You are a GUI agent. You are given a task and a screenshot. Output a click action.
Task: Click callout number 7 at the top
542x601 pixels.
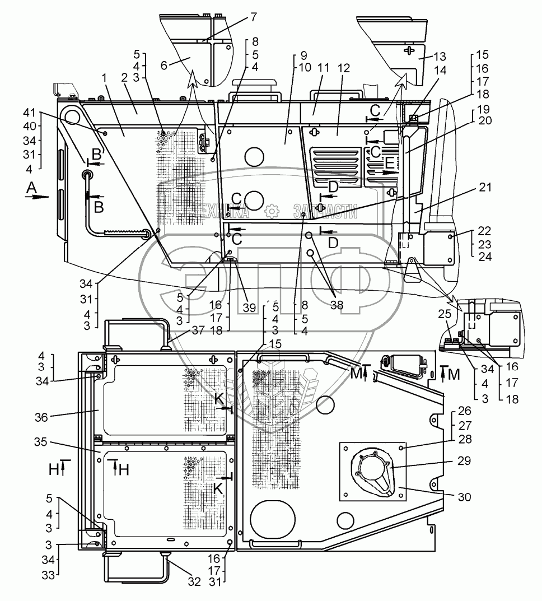tap(254, 17)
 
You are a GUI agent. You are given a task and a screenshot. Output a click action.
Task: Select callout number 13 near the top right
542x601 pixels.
tap(441, 58)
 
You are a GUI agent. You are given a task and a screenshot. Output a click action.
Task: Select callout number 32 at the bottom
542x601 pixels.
tap(193, 582)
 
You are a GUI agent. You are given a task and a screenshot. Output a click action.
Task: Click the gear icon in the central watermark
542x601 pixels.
tap(272, 211)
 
